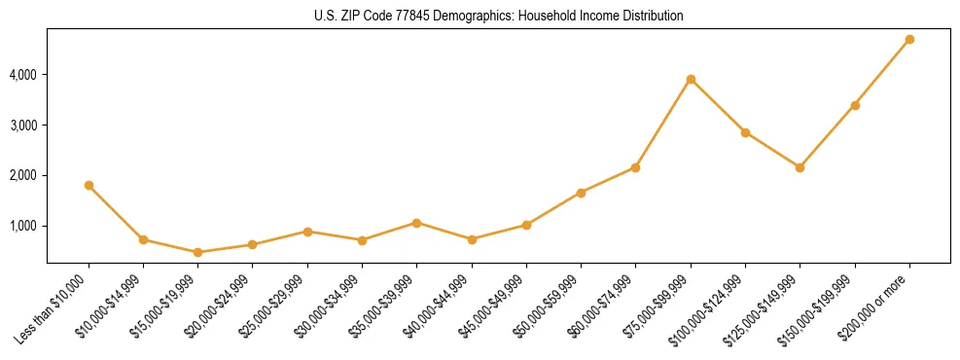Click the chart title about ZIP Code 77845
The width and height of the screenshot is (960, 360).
pos(499,17)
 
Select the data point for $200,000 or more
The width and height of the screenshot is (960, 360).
pos(909,40)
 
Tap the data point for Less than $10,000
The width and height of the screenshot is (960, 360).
pos(89,185)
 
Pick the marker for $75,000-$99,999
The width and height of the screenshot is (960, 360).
pos(691,79)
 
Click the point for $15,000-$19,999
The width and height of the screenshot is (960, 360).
pos(197,252)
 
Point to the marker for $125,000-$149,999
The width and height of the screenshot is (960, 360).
pos(800,167)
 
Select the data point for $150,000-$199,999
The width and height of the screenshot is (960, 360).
pos(855,105)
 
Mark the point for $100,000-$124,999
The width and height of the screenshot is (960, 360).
pos(745,132)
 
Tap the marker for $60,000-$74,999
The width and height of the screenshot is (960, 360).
pos(635,167)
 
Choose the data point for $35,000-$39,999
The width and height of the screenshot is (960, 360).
pos(416,223)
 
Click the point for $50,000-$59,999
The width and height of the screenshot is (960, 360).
pos(581,193)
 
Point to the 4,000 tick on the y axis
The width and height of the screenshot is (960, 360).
pos(22,75)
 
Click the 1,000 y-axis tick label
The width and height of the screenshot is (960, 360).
pos(22,226)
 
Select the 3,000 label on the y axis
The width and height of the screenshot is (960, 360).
pos(22,126)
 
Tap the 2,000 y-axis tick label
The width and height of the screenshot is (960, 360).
pos(22,176)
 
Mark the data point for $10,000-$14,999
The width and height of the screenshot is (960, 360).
pos(143,239)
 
